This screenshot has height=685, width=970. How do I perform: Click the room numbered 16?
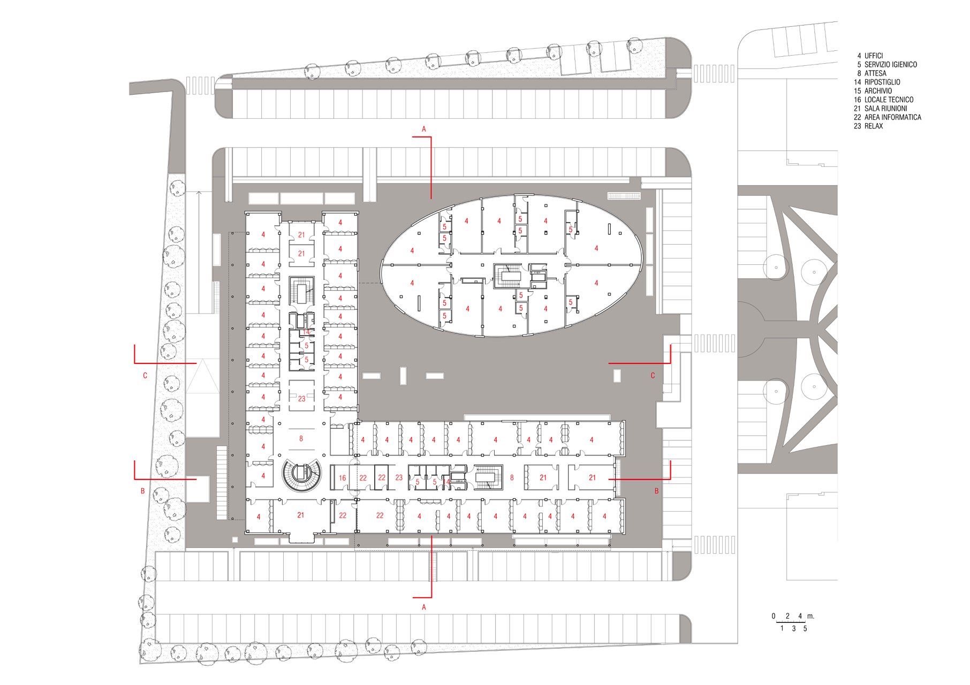click(x=343, y=478)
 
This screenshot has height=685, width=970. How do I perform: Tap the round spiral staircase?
click(x=301, y=475)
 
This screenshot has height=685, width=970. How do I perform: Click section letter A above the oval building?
click(x=424, y=129)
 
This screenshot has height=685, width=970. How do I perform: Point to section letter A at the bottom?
click(x=424, y=607)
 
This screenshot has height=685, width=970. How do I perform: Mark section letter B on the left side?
click(x=142, y=491)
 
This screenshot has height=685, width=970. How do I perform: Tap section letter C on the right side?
click(x=653, y=376)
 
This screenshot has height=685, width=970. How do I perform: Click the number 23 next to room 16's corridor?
click(x=399, y=477)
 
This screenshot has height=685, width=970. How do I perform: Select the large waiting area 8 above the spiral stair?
click(x=301, y=438)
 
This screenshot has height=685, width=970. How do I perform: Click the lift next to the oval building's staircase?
click(x=537, y=276)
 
